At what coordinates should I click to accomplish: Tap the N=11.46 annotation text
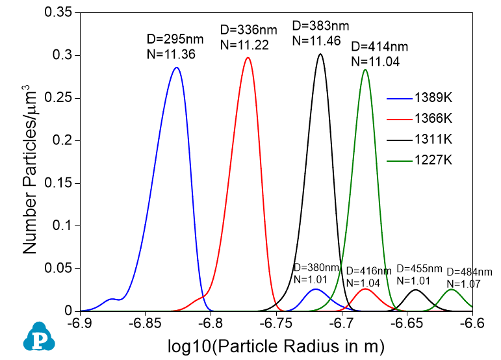(x=321, y=40)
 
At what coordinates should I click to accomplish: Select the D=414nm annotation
(x=379, y=47)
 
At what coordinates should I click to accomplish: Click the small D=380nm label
(x=316, y=267)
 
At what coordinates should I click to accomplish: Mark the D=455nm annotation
(x=419, y=268)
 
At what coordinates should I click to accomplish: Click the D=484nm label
(x=469, y=272)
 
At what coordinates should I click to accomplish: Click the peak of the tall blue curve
(x=175, y=68)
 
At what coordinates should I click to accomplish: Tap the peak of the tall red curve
(x=248, y=58)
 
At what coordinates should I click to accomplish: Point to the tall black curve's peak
(x=320, y=54)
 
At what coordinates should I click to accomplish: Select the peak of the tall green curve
(x=365, y=70)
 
